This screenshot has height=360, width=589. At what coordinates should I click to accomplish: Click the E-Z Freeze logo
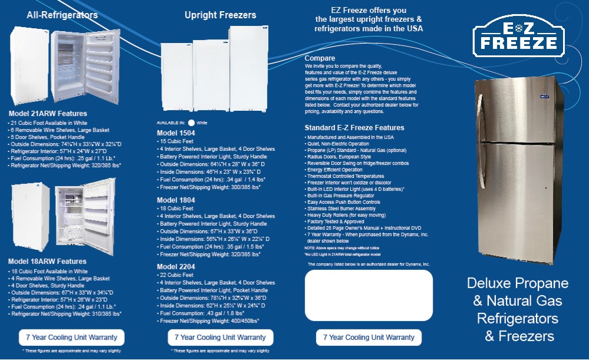[518, 35]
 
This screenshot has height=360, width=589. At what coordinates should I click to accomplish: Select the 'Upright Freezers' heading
[220, 15]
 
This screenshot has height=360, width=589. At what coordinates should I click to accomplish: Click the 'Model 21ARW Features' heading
[48, 114]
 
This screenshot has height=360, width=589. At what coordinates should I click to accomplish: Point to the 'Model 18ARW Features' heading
[47, 262]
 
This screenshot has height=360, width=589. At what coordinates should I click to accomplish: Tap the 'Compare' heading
[320, 58]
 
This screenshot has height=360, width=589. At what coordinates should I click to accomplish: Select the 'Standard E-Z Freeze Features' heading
[354, 128]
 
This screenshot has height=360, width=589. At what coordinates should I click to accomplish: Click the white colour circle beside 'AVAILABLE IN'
[191, 123]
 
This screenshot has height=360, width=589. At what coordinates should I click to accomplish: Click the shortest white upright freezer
[176, 77]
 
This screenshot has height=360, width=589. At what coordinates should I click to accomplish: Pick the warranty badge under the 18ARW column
[71, 338]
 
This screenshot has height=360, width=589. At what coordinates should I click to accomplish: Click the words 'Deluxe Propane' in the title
[518, 283]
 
